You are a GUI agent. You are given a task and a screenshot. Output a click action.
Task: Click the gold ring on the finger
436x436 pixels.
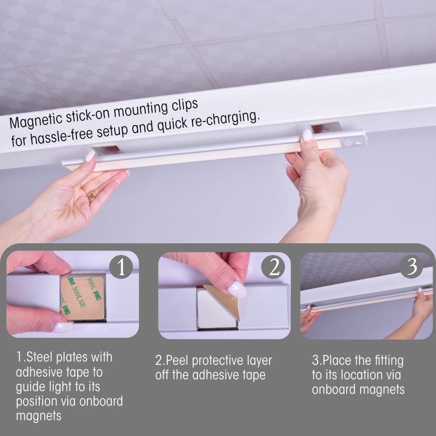(x=91, y=197)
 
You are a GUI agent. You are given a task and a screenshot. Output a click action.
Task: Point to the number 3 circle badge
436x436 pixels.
(x=411, y=266)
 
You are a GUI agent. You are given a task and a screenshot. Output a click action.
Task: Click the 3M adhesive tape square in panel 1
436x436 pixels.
(x=82, y=297)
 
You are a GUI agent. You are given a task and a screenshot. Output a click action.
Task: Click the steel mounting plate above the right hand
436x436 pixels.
(x=326, y=127)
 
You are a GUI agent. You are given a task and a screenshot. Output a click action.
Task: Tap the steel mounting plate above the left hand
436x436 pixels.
(x=106, y=150)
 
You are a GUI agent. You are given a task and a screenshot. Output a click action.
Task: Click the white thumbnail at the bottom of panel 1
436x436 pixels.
(x=62, y=327)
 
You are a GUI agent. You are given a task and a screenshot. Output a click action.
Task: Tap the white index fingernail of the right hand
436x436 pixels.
(x=307, y=135)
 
